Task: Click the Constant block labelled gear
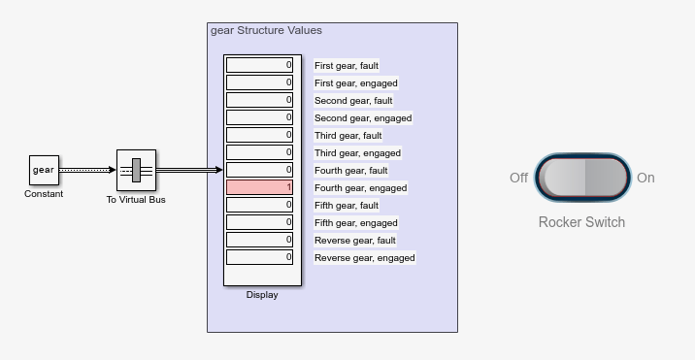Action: point(44,170)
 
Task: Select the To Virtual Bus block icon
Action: point(136,170)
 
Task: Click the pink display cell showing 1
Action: point(259,187)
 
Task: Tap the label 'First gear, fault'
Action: point(347,66)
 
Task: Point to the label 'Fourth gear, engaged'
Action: point(360,188)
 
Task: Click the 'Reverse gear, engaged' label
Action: point(364,257)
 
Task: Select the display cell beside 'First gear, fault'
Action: point(259,65)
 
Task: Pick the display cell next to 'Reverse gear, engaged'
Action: point(259,257)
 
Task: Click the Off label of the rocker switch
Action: point(518,178)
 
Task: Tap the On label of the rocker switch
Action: point(645,178)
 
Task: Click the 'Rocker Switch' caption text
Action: point(581,222)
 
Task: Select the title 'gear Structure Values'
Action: point(266,30)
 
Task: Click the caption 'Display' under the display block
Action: point(262,295)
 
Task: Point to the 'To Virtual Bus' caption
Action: point(136,200)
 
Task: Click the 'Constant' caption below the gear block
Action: point(44,194)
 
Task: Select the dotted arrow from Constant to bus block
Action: point(87,170)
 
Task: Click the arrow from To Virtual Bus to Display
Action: point(189,170)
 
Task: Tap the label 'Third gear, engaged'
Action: point(357,153)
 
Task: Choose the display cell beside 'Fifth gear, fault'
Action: point(259,205)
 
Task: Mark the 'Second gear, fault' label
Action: point(353,101)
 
